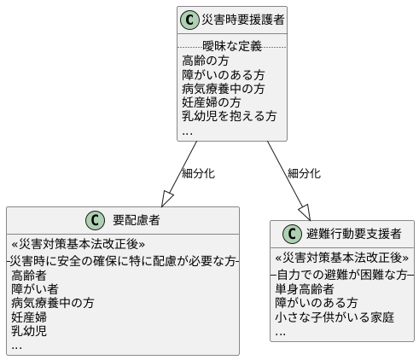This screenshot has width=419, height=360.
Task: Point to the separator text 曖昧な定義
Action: pyautogui.click(x=232, y=45)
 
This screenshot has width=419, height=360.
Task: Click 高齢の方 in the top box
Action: pyautogui.click(x=206, y=61)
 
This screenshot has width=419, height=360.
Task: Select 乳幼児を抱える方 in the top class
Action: pyautogui.click(x=230, y=116)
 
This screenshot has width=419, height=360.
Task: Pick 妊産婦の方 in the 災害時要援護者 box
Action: pyautogui.click(x=212, y=102)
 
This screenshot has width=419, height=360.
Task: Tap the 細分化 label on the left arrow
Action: pyautogui.click(x=198, y=173)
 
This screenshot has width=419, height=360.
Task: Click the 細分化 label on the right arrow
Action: pyautogui.click(x=304, y=173)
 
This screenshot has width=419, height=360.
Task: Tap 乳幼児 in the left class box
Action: pyautogui.click(x=29, y=330)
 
